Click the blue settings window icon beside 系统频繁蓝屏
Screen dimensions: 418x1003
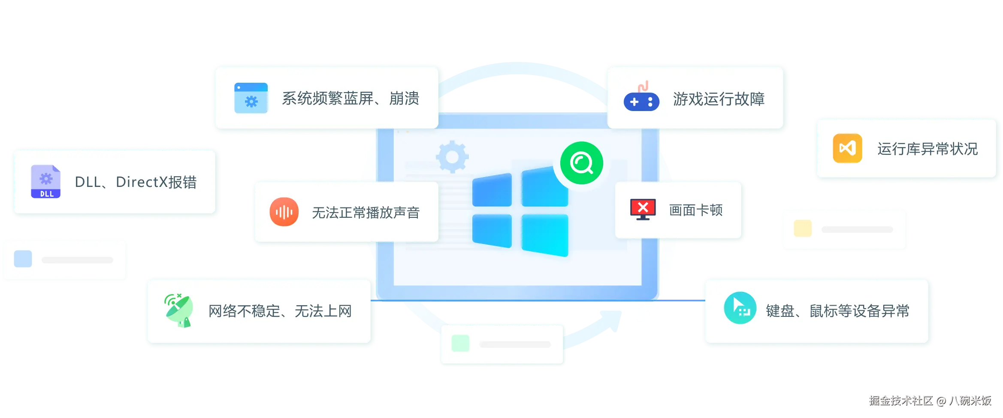pyautogui.click(x=251, y=98)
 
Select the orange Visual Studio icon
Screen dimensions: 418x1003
pyautogui.click(x=847, y=148)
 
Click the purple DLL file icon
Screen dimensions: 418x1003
pyautogui.click(x=46, y=182)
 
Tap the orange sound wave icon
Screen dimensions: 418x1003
pyautogui.click(x=284, y=212)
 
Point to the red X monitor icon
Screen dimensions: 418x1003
pyautogui.click(x=643, y=209)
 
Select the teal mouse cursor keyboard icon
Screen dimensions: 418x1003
pyautogui.click(x=740, y=308)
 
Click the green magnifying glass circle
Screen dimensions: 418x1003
pyautogui.click(x=581, y=163)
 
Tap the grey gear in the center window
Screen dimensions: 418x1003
pyautogui.click(x=452, y=156)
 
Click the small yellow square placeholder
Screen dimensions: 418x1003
pyautogui.click(x=803, y=229)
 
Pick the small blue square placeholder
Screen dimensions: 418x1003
pyautogui.click(x=23, y=259)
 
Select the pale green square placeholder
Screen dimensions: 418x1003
pyautogui.click(x=460, y=343)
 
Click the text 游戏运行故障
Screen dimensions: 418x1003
pyautogui.click(x=719, y=99)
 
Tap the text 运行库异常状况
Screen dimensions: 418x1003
pyautogui.click(x=927, y=149)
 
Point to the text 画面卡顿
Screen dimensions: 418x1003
pyautogui.click(x=696, y=210)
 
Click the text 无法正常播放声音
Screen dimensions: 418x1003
pyautogui.click(x=366, y=213)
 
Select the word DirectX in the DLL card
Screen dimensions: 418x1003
pyautogui.click(x=141, y=182)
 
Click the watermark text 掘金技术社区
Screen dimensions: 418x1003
pyautogui.click(x=900, y=400)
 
